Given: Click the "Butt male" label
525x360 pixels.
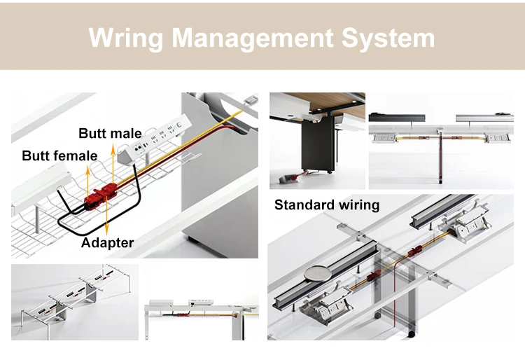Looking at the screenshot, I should tap(110, 133).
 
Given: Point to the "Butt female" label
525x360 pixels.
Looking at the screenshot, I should tap(59, 155).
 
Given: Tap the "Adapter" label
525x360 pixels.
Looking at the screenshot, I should tap(107, 243).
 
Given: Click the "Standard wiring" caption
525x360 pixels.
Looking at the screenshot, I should tap(327, 205).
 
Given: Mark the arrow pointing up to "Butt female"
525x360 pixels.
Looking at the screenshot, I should tap(88, 179).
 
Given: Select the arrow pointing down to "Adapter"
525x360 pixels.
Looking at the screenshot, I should tap(106, 221).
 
